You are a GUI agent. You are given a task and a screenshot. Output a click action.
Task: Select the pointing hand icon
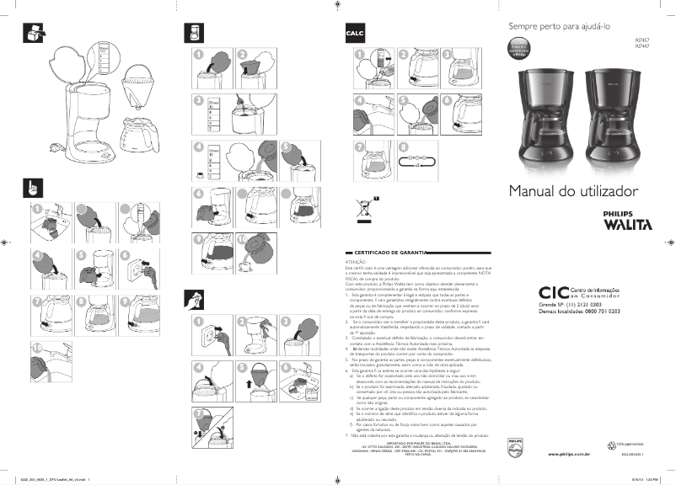tap(30, 187)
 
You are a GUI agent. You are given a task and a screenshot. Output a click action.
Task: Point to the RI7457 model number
tap(641, 40)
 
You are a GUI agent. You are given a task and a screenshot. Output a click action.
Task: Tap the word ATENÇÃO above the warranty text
tap(357, 262)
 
